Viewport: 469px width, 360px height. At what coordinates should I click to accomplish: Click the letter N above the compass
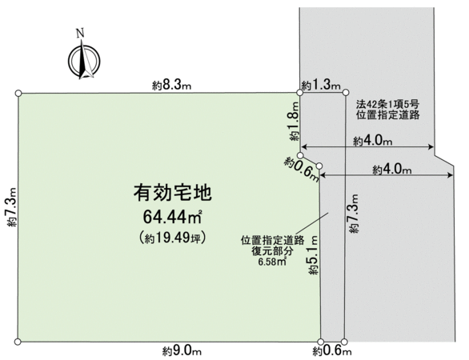point(80,33)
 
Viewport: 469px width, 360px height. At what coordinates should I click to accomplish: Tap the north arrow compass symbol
point(84,61)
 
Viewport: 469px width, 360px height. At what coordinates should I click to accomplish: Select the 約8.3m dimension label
point(171,86)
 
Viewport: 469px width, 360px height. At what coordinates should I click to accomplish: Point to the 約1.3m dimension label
point(321,86)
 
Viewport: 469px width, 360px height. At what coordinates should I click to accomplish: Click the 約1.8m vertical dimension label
point(295,121)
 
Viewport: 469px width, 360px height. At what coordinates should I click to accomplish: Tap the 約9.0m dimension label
point(182,350)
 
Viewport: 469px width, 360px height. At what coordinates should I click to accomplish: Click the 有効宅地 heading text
point(173,193)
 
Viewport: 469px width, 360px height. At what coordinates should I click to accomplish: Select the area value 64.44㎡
point(172,217)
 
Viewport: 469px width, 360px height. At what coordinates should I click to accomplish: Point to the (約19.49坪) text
point(172,238)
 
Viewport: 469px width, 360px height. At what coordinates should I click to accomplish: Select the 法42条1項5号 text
point(387,104)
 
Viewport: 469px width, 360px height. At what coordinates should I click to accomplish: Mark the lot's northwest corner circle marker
point(18,94)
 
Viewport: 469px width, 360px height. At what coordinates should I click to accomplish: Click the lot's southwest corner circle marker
point(18,342)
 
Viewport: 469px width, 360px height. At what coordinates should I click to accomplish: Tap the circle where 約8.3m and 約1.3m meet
point(299,93)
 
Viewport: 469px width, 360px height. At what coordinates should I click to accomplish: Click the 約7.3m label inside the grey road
point(354,213)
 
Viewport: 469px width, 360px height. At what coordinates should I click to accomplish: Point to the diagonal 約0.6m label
point(302,170)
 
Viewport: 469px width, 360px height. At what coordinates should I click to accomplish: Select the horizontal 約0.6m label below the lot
point(332,350)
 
